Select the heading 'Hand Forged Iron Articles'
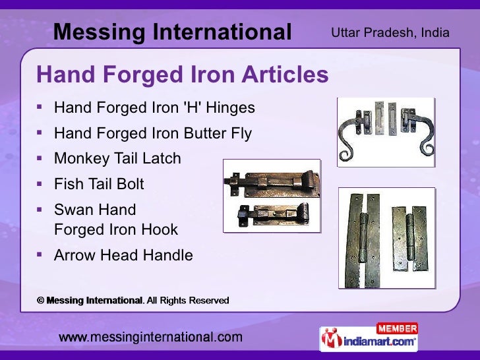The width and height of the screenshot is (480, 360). (x=182, y=75)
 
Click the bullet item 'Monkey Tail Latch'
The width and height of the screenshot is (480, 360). (x=117, y=158)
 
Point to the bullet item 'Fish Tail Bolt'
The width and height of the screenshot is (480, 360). (x=99, y=184)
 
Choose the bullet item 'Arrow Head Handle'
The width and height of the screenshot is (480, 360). (x=123, y=255)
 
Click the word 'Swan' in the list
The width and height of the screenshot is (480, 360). (x=73, y=210)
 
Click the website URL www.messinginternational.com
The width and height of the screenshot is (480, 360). (x=151, y=338)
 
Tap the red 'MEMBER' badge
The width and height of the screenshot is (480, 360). (x=397, y=328)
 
